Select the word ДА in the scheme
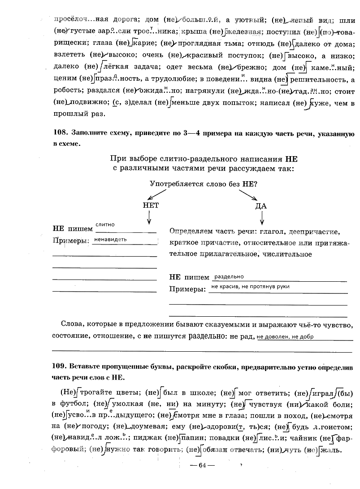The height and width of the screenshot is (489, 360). (261, 206)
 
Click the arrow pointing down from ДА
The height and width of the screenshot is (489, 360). (262, 219)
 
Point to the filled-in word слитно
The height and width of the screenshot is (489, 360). (105, 224)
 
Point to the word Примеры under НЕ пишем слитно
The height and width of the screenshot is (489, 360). (70, 241)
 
